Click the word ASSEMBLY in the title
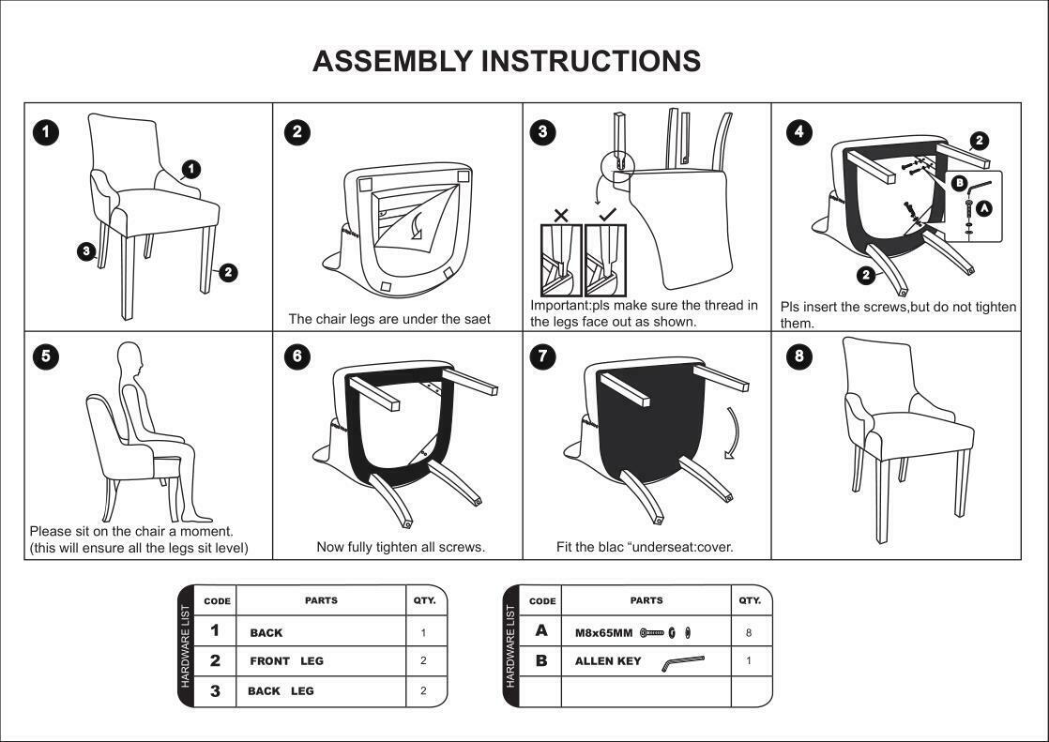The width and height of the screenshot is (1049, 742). (392, 61)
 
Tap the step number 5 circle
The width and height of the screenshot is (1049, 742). (46, 356)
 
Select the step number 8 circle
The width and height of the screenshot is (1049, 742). (798, 356)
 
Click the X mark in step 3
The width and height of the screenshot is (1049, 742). (561, 216)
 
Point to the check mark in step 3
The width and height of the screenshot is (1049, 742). (606, 215)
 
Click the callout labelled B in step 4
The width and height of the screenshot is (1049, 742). (959, 183)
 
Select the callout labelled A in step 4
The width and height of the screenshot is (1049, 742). (983, 209)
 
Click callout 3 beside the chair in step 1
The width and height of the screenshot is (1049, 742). (86, 250)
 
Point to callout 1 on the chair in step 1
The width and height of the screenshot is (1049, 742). (191, 169)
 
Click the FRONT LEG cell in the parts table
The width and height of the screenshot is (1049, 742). (286, 661)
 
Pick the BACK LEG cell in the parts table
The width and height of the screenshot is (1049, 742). (281, 691)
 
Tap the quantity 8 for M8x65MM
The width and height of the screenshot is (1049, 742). (749, 632)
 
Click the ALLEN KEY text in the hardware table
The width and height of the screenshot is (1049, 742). (608, 661)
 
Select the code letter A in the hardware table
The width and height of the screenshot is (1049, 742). (541, 631)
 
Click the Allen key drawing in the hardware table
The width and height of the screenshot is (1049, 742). (682, 662)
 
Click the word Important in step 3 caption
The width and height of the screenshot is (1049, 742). (560, 306)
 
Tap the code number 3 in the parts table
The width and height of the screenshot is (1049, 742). (215, 691)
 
